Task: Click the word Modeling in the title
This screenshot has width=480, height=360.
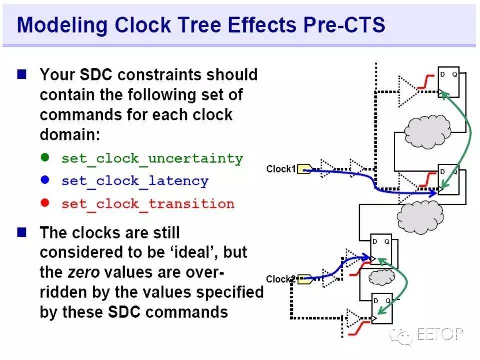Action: click(62, 25)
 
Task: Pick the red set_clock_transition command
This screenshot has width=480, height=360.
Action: click(148, 204)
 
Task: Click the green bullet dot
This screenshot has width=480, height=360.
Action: click(45, 157)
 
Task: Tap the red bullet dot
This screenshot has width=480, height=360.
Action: click(45, 202)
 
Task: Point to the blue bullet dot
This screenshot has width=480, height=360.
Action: click(45, 180)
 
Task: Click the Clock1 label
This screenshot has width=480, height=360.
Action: click(281, 169)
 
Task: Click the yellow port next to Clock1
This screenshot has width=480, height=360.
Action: click(305, 169)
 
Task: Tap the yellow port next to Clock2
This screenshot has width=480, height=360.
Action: click(305, 279)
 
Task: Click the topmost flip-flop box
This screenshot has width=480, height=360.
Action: click(449, 82)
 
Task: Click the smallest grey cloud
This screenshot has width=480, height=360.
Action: click(381, 277)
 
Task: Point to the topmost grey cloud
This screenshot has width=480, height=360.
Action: click(427, 131)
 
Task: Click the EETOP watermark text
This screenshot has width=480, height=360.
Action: click(440, 334)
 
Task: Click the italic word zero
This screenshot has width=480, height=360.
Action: click(83, 272)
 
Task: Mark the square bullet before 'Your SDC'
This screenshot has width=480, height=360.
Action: click(22, 74)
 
